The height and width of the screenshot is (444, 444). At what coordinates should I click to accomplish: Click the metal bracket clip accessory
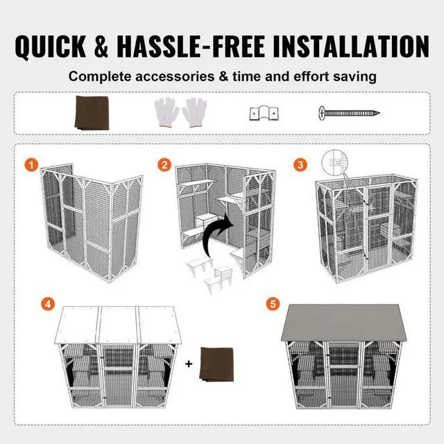click(257, 112)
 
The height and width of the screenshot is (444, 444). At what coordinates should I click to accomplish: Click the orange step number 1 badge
click(30, 165)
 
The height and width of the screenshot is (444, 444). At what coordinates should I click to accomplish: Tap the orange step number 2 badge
click(164, 165)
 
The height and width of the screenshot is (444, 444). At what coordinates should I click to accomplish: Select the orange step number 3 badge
click(300, 165)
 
